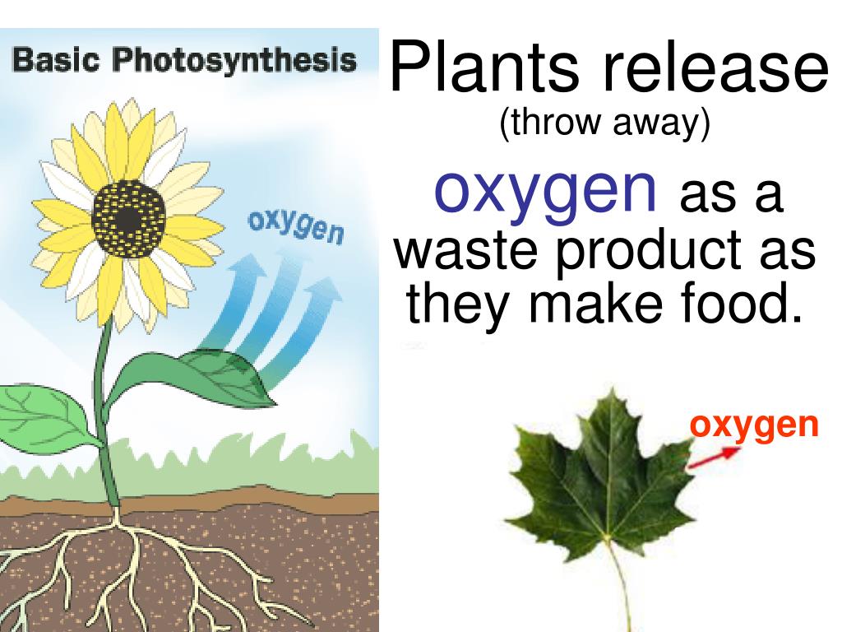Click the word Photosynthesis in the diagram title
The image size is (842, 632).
[234, 62]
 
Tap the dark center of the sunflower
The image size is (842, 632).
[128, 218]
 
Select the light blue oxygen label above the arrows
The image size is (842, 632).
[295, 227]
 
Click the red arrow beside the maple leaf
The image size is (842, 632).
[707, 459]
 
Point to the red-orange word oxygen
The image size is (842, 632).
[754, 425]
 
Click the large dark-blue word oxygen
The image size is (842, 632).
[546, 190]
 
